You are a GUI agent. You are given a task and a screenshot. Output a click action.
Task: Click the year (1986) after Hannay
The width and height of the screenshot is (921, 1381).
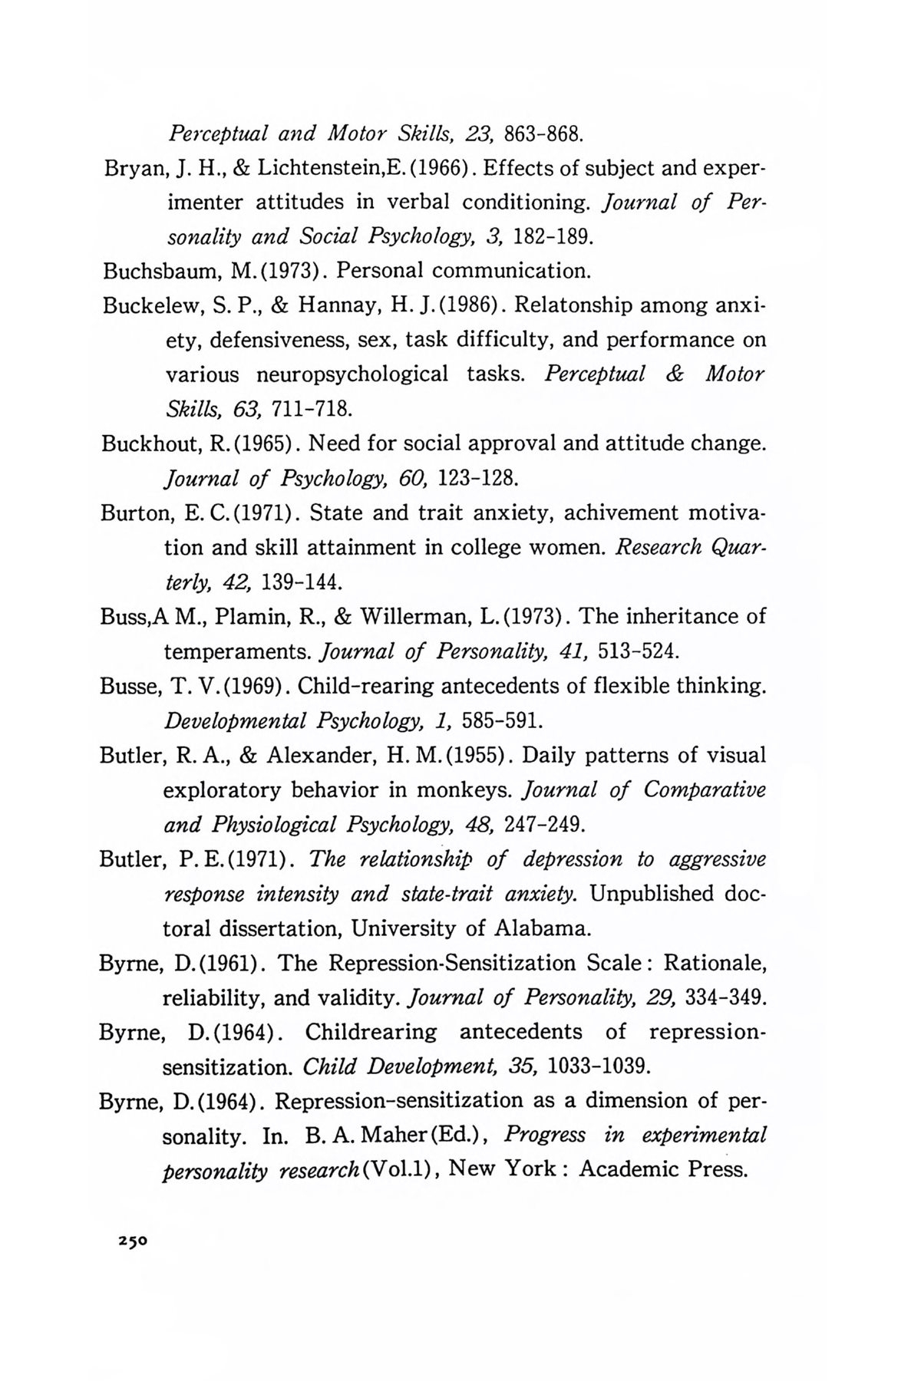467,306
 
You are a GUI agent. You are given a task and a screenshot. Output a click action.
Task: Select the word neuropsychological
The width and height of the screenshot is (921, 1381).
352,375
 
